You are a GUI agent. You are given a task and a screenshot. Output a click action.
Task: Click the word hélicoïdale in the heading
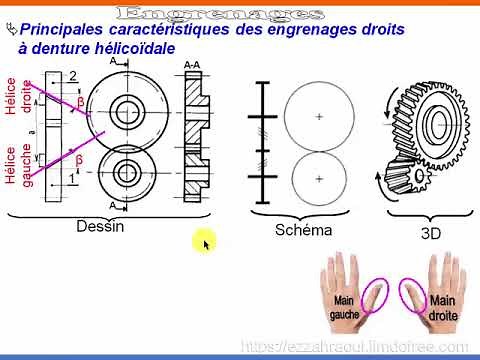[131, 48]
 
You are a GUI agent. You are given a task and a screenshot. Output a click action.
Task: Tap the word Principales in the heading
[70, 30]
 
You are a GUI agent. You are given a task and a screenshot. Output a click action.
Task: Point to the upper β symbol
[81, 102]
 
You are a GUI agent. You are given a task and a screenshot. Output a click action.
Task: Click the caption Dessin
[100, 226]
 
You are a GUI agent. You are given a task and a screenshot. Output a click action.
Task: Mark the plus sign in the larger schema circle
[319, 117]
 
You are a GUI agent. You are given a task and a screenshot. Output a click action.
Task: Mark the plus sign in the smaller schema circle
[319, 178]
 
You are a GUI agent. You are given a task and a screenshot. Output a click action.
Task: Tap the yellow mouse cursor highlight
[204, 242]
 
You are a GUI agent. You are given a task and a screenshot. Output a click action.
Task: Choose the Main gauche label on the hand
[344, 307]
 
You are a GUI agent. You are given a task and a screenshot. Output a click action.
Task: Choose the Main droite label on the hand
[442, 307]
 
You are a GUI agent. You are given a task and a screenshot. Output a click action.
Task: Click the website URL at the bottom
[355, 345]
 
